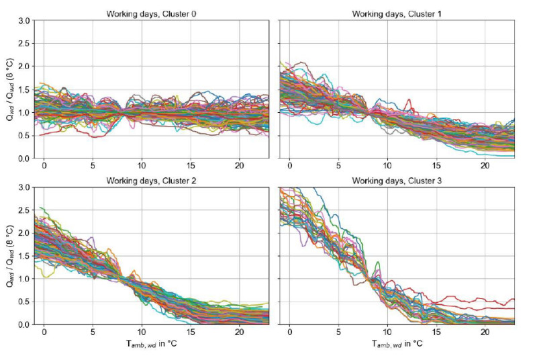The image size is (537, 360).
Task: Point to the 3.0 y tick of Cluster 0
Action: (24, 21)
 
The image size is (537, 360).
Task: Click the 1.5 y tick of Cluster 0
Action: (24, 89)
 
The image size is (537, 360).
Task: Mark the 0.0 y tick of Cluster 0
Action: (24, 159)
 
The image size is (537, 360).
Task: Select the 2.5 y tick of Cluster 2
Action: (24, 210)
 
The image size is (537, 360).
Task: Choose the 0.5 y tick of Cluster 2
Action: (24, 302)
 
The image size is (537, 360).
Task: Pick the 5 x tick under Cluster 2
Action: (93, 332)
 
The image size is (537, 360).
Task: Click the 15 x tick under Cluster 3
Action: (435, 332)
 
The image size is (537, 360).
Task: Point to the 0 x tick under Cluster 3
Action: (289, 332)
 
